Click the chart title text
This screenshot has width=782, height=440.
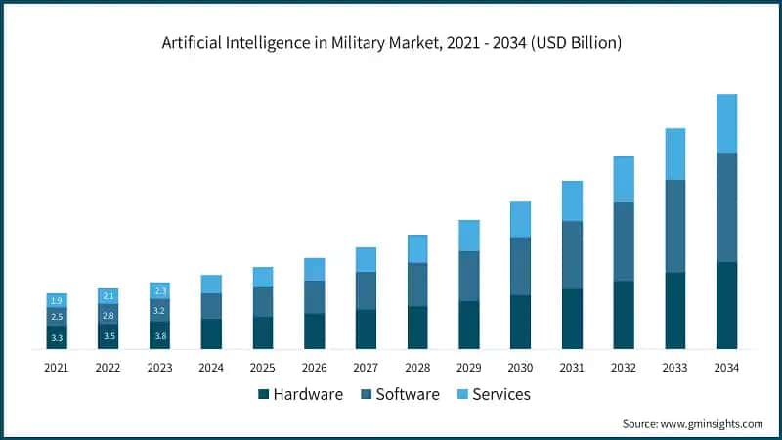click(391, 43)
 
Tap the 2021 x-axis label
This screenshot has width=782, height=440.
click(57, 367)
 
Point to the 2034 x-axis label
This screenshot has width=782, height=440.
click(726, 367)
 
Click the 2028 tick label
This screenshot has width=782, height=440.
click(417, 367)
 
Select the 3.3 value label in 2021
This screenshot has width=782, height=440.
click(57, 337)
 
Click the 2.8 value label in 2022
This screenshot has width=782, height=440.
click(109, 315)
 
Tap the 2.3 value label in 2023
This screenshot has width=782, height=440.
click(160, 290)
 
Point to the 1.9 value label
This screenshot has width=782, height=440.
click(57, 300)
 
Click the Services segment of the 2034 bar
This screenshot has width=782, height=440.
click(726, 123)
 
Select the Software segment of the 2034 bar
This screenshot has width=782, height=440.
click(726, 207)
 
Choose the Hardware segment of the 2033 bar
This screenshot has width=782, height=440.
click(675, 310)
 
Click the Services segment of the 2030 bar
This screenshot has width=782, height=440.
click(521, 219)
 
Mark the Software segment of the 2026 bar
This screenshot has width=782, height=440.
click(315, 297)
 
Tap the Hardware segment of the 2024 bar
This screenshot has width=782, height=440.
click(211, 333)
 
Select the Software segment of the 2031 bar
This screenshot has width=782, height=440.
click(572, 255)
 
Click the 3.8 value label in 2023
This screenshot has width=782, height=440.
click(160, 334)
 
